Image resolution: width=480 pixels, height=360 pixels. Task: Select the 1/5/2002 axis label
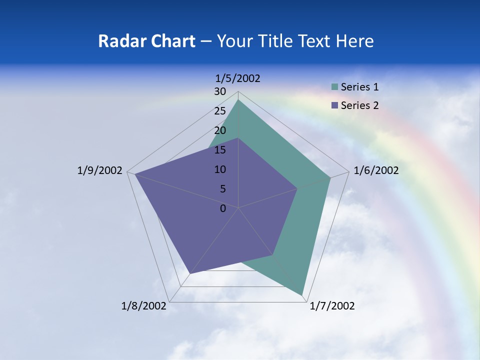238,78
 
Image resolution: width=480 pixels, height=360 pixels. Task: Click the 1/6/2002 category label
376,170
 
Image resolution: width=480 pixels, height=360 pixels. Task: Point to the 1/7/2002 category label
332,306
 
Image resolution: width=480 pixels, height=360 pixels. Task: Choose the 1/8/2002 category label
144,306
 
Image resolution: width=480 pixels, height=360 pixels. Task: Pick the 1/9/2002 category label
99,170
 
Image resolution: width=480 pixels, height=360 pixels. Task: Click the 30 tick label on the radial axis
219,91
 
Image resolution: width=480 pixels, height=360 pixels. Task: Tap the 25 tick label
219,111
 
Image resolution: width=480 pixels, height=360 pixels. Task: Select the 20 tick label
219,130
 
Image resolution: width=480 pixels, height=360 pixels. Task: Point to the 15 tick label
219,150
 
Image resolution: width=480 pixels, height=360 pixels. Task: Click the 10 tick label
219,169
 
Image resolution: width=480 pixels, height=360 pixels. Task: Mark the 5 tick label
222,189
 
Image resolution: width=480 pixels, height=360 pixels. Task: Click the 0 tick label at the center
223,208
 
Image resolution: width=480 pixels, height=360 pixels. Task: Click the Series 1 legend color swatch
334,87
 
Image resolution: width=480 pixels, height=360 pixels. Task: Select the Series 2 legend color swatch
334,105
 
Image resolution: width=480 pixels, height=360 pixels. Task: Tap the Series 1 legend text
359,87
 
